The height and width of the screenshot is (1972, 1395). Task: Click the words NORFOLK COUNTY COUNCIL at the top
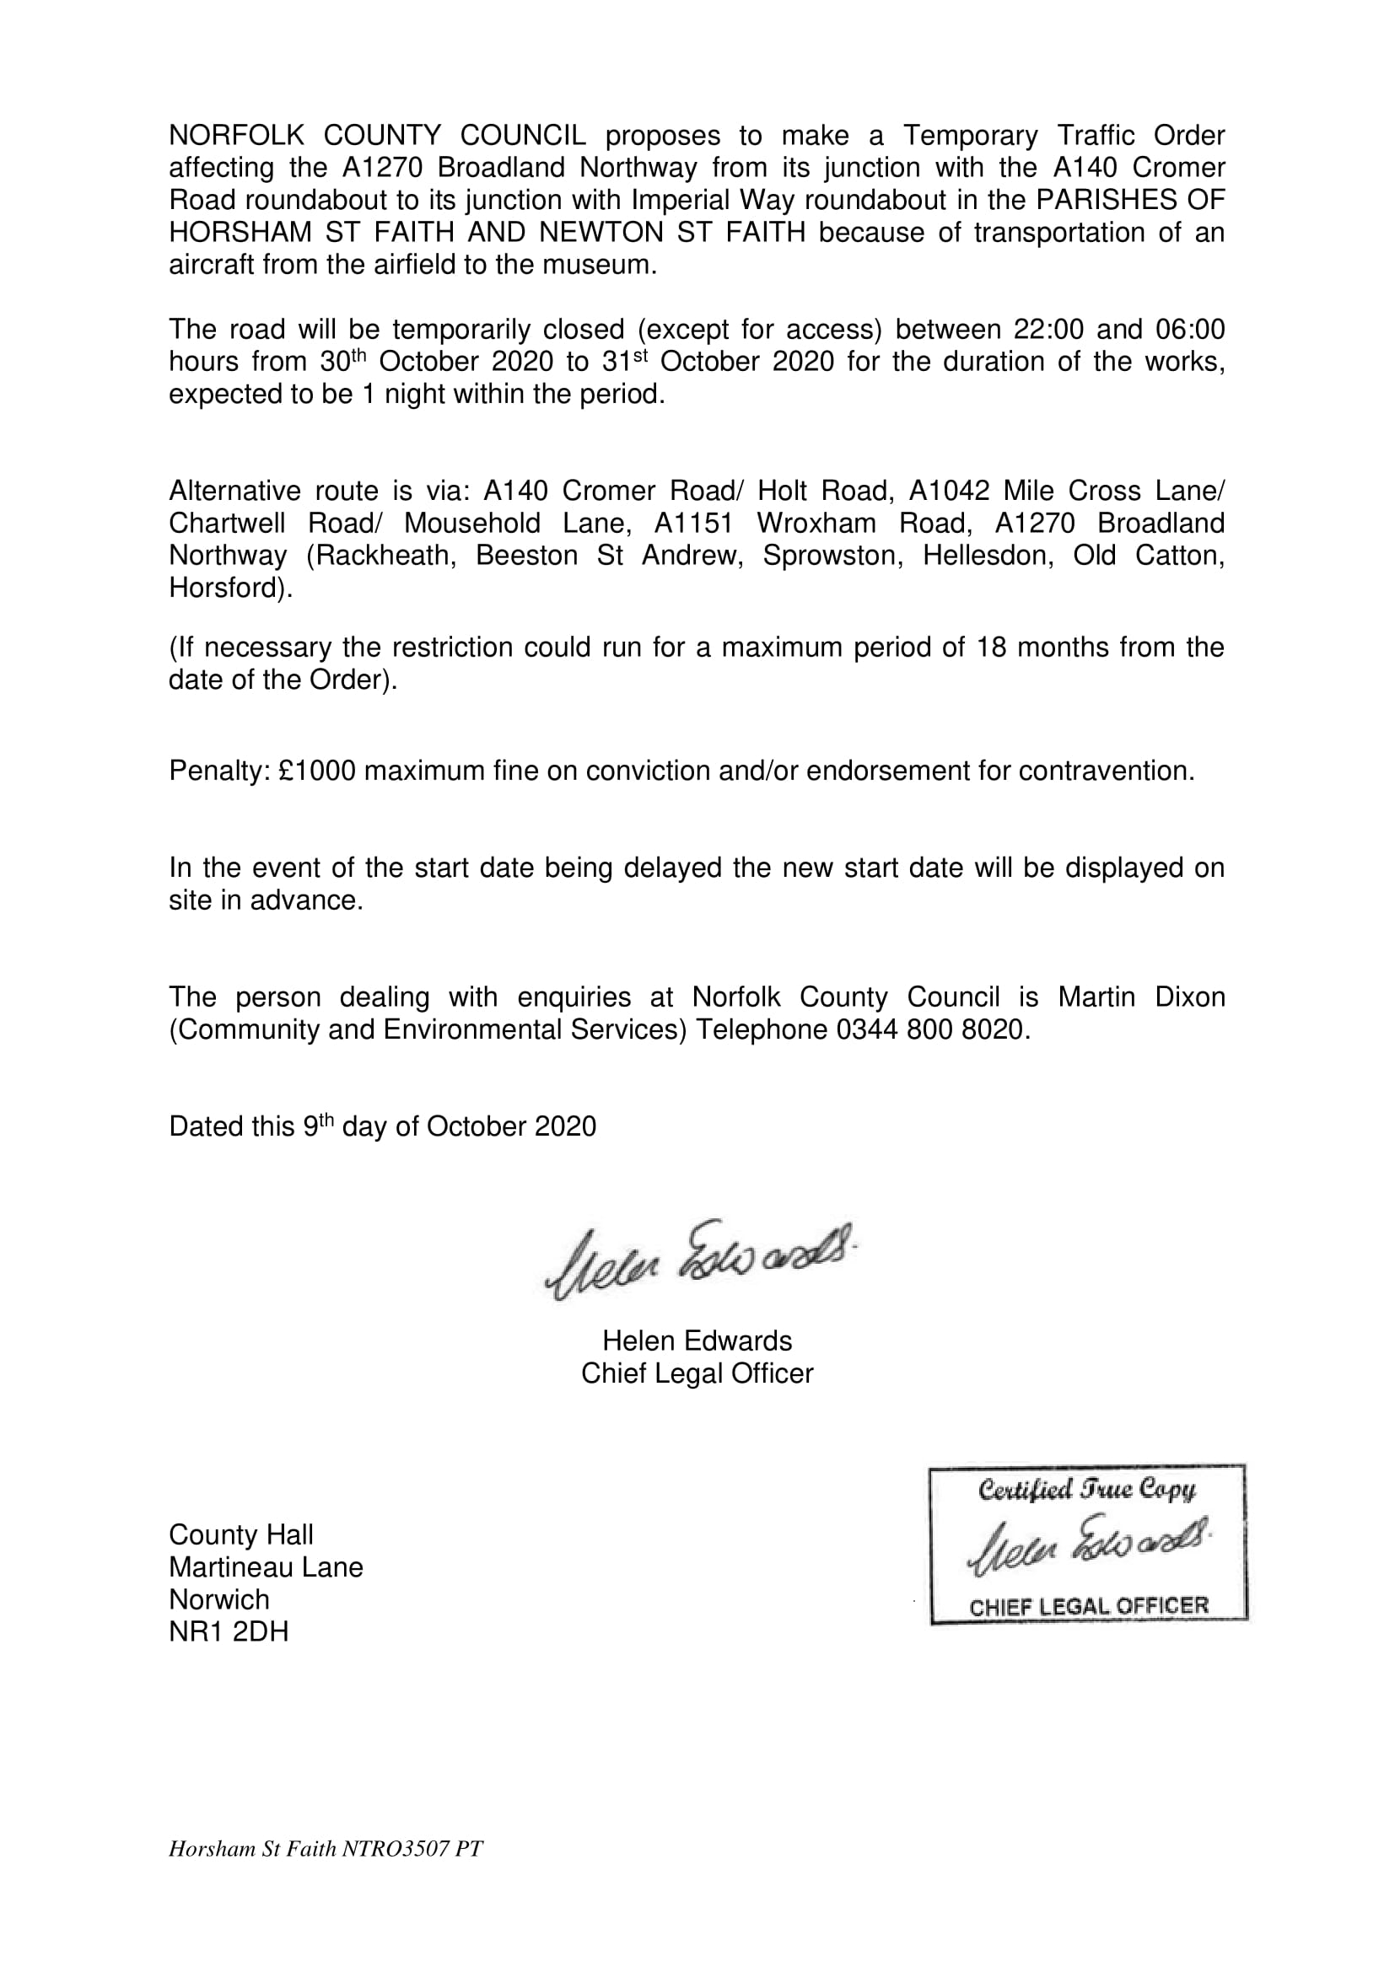click(378, 136)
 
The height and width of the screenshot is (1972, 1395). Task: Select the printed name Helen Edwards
click(697, 1341)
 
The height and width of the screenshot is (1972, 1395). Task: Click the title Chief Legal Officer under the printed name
click(697, 1373)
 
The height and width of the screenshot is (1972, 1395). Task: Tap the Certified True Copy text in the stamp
click(1086, 1490)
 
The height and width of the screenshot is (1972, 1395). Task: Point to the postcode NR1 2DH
click(229, 1632)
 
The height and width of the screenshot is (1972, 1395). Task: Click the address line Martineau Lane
click(266, 1567)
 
